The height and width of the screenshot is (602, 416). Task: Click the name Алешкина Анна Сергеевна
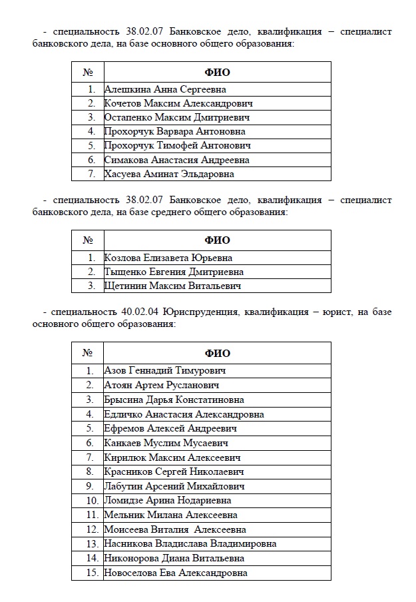coord(165,89)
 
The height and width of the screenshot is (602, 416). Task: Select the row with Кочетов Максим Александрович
coord(178,103)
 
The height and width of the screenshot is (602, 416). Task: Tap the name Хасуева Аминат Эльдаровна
coord(169,174)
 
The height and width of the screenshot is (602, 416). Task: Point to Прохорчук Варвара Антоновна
coord(174,132)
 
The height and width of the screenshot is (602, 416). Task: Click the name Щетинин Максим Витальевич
coord(172,286)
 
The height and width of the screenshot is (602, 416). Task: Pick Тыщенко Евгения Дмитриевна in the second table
coord(174,272)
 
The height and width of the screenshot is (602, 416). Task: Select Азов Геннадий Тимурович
coord(166,371)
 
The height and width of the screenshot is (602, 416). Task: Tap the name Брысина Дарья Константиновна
coord(174,400)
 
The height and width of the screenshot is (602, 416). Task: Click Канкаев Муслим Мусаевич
coord(166,443)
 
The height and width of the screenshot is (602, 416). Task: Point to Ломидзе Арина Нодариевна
coord(168,500)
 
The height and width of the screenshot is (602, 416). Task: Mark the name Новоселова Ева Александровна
coord(176,573)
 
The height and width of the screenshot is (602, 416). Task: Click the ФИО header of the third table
coord(217,354)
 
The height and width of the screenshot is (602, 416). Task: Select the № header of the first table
coord(87,72)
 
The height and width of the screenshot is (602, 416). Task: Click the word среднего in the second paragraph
coord(193,212)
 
